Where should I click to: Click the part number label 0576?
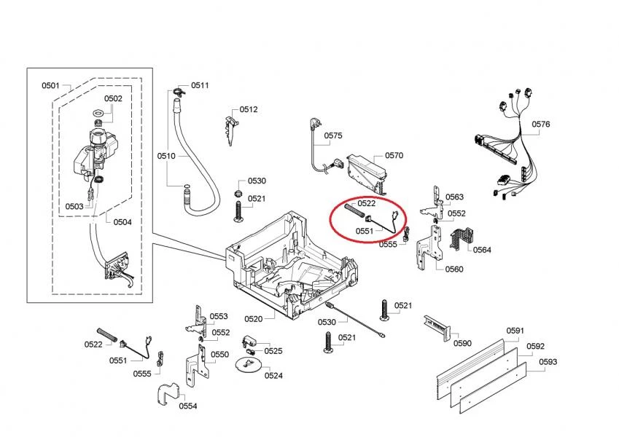(x=540, y=125)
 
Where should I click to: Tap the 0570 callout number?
(x=394, y=155)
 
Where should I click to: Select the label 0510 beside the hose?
(x=166, y=156)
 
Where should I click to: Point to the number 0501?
(x=50, y=87)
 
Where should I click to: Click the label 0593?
(x=548, y=361)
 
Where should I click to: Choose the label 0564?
(x=482, y=250)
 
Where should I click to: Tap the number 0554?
(x=187, y=406)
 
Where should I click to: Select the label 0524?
(x=273, y=376)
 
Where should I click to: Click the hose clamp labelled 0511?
(x=177, y=91)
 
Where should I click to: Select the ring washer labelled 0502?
(x=97, y=114)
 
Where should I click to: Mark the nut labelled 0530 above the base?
(x=238, y=192)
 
